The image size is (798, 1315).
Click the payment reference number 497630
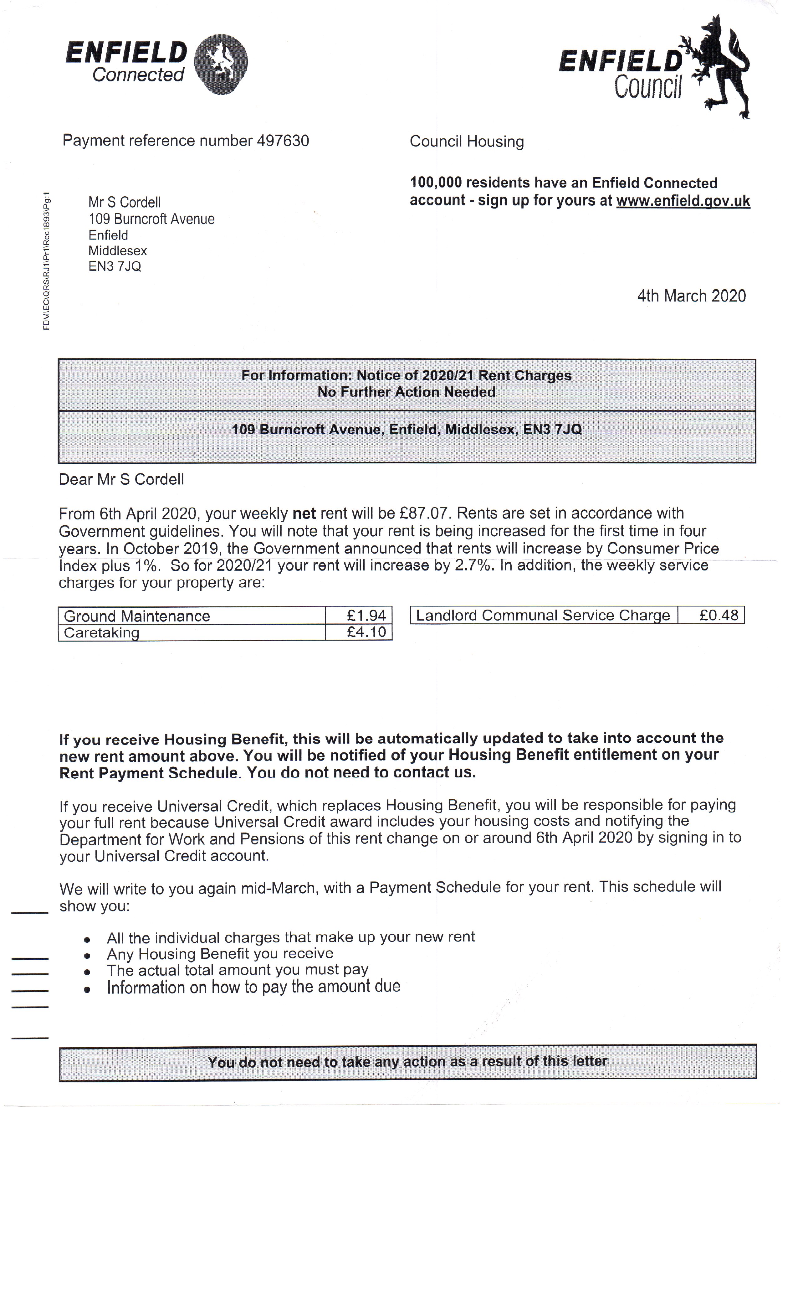point(283,141)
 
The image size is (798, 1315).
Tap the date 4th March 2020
point(691,296)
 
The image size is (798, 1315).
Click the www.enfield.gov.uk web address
point(683,201)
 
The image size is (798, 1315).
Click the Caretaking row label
point(101,633)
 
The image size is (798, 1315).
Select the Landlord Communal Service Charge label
point(543,615)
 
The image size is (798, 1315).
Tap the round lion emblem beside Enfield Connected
point(220,64)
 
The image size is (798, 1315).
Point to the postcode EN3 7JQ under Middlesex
point(115,266)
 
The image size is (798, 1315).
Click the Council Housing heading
point(467,142)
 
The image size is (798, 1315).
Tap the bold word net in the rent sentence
point(304,513)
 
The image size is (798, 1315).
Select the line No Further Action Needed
point(407,392)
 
